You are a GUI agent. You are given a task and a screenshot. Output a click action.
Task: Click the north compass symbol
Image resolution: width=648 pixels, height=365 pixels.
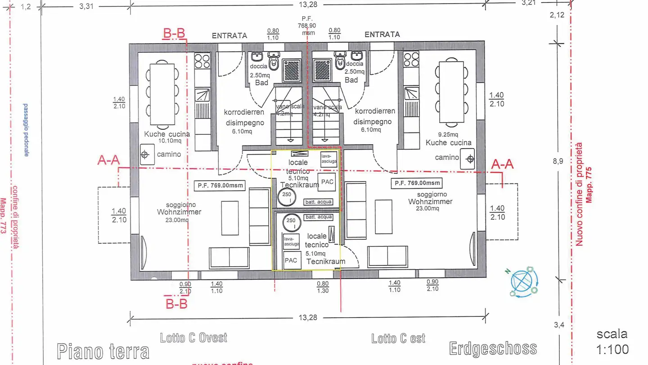[x=524, y=282]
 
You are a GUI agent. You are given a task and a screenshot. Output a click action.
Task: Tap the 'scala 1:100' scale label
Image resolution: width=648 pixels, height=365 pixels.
[x=612, y=341]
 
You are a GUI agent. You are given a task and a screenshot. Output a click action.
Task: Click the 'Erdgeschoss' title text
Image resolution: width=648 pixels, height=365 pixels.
[x=493, y=348]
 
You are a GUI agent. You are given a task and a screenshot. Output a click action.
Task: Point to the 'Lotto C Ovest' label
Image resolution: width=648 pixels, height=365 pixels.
[x=193, y=338]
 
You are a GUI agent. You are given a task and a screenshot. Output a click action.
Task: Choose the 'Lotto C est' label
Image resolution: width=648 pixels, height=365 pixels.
[x=398, y=338]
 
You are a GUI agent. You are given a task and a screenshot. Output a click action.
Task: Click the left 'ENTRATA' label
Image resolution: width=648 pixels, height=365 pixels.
[x=229, y=36]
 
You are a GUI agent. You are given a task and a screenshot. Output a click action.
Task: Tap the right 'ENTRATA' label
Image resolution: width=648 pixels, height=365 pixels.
[x=382, y=35]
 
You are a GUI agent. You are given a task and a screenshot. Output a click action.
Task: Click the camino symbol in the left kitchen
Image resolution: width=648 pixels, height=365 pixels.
[x=145, y=155]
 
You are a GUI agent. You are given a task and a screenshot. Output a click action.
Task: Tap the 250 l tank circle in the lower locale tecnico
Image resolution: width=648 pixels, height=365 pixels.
[x=291, y=221]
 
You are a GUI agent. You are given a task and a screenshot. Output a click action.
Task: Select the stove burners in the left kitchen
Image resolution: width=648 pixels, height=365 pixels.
[x=202, y=60]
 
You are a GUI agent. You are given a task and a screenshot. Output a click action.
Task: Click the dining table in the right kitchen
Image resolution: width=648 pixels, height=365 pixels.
[x=451, y=92]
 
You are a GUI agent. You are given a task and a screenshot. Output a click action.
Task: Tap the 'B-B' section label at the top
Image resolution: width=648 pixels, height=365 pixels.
[x=173, y=33]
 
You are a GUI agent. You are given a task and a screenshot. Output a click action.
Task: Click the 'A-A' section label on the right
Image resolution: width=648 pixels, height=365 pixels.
[x=503, y=164]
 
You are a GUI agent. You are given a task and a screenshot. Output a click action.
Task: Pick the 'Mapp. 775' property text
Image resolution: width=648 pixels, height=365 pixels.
[x=588, y=185]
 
